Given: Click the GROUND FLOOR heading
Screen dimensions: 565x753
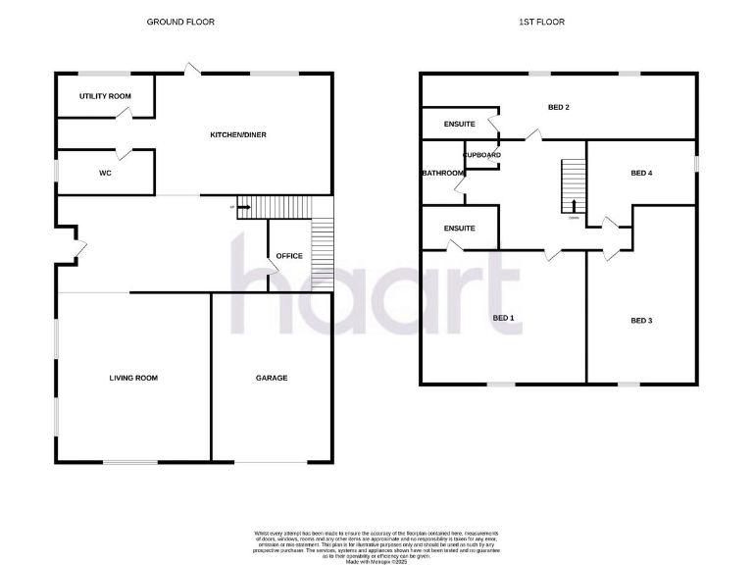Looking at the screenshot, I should click(180, 22).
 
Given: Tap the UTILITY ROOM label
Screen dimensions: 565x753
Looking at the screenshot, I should click(105, 96).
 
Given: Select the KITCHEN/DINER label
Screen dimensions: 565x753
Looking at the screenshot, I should click(239, 134).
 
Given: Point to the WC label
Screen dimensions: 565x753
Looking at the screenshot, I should click(105, 174).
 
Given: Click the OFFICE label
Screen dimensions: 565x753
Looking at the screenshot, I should click(289, 256).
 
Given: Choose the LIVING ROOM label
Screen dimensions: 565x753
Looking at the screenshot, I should click(133, 378).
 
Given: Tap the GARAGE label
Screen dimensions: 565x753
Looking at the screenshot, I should click(272, 378).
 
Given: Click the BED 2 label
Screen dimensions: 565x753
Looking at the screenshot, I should click(559, 107).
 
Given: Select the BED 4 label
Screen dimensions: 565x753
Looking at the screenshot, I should click(641, 174).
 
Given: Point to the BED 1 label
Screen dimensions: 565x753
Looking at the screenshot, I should click(503, 318).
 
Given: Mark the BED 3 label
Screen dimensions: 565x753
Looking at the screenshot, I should click(641, 321).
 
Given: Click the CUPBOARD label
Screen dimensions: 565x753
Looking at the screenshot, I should click(482, 155).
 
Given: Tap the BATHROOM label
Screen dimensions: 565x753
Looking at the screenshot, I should click(442, 174).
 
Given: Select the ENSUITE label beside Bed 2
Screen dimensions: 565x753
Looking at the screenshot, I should click(459, 124).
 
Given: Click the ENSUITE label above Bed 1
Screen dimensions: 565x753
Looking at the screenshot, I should click(459, 229).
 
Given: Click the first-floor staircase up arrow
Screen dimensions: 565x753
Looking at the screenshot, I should click(575, 205).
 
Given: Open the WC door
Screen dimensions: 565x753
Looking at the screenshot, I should click(124, 152).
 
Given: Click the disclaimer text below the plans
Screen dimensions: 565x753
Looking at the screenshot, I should click(376, 540).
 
